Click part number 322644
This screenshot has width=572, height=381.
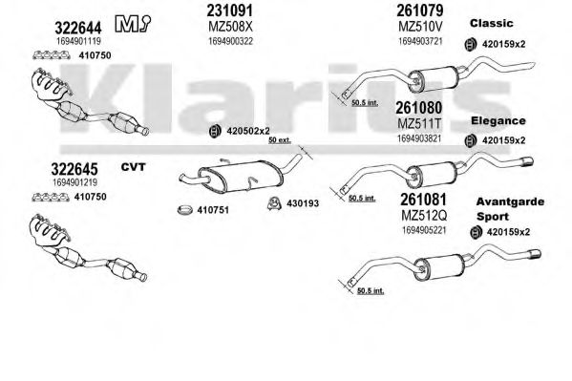click(x=78, y=28)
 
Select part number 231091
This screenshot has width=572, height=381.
click(x=229, y=11)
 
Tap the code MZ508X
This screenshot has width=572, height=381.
click(x=230, y=27)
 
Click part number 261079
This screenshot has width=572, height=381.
click(x=420, y=11)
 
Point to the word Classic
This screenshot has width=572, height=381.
click(x=492, y=23)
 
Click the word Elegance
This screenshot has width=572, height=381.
click(x=498, y=121)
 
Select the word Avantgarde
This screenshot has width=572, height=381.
click(x=510, y=201)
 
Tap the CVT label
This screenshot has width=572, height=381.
click(x=133, y=167)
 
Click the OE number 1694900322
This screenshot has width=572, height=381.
click(x=230, y=41)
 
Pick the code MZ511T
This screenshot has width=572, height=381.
click(x=419, y=124)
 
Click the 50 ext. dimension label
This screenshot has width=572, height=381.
click(x=280, y=140)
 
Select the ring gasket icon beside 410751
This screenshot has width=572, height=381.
click(x=185, y=210)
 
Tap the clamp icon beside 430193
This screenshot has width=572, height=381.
click(x=274, y=203)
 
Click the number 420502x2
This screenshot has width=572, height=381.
click(x=248, y=131)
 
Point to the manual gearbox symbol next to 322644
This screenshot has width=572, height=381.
click(x=133, y=24)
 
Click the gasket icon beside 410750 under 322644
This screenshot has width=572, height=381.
click(x=52, y=55)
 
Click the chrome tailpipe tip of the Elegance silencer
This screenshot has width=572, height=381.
click(x=527, y=161)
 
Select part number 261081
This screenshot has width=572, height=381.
click(x=423, y=200)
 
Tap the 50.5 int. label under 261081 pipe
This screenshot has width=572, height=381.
click(x=371, y=291)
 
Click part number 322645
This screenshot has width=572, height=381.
click(x=74, y=169)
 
